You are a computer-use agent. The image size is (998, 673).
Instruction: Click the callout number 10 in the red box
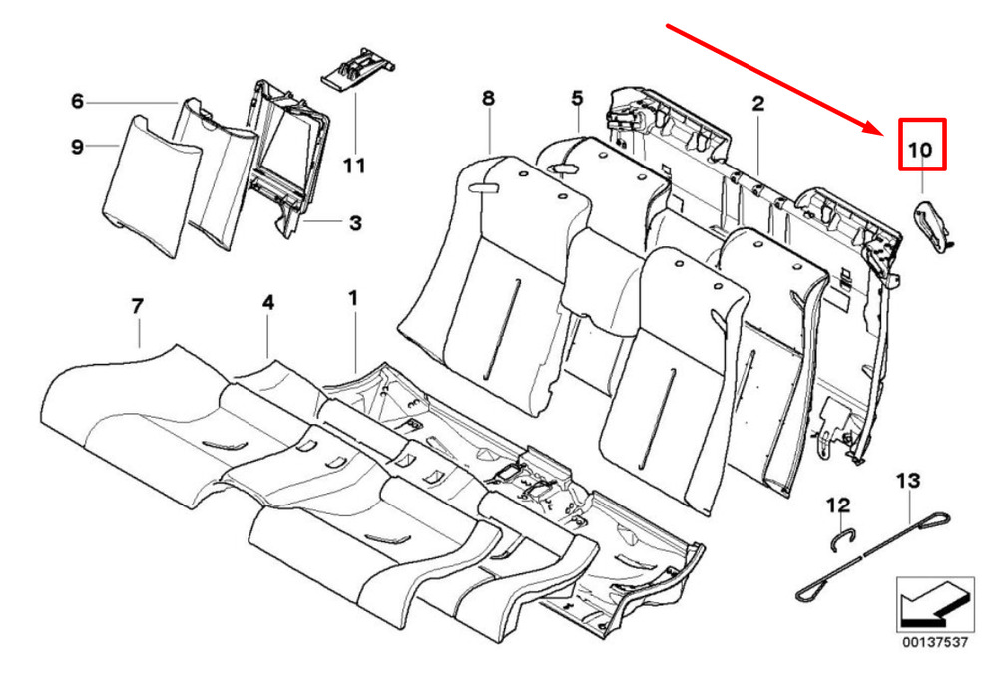920,150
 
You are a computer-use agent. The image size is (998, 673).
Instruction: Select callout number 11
354,167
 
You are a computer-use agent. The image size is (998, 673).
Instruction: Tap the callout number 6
77,101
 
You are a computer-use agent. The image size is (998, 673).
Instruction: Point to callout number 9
77,147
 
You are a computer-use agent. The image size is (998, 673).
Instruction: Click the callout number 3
356,223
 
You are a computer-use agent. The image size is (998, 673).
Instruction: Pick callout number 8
488,98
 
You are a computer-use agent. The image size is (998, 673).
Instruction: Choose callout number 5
577,98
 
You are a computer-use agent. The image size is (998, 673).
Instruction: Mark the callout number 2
758,103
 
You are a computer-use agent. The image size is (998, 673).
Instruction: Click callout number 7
138,307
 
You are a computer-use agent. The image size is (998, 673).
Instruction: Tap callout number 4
268,302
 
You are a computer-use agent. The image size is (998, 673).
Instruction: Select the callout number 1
353,298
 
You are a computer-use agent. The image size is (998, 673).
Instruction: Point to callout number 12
838,505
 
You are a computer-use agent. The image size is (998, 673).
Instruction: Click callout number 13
907,481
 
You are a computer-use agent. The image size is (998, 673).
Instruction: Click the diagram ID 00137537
935,642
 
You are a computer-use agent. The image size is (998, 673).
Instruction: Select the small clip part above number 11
357,68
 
